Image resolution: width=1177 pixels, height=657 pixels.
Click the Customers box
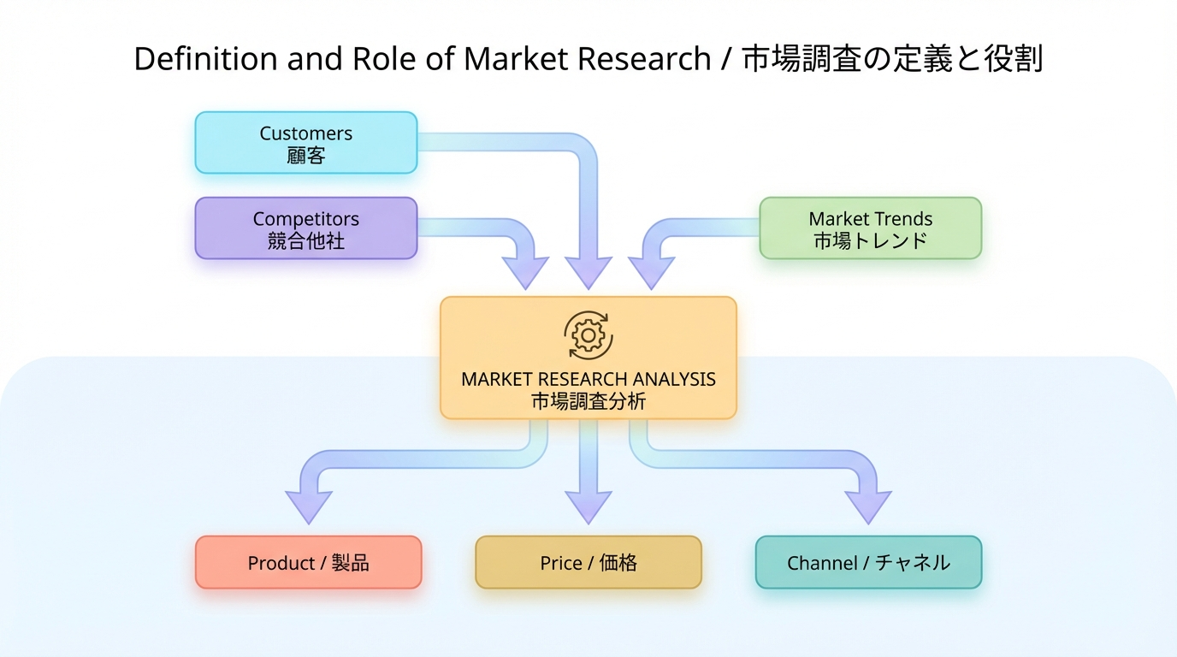[306, 143]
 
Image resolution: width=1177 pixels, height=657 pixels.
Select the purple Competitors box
[306, 228]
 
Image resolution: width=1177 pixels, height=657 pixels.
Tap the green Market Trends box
[870, 228]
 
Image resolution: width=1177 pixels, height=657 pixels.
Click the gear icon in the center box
[588, 335]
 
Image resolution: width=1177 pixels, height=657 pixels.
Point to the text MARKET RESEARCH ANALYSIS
[588, 379]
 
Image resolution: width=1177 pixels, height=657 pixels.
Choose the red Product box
[308, 563]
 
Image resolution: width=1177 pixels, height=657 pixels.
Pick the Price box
[588, 563]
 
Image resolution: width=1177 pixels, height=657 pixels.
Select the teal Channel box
[868, 563]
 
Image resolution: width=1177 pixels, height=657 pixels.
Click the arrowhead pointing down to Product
[308, 506]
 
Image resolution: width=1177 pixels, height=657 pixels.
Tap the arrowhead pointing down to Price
[588, 506]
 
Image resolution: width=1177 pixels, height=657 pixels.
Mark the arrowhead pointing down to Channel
[868, 506]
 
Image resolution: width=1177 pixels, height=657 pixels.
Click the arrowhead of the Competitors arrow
[524, 272]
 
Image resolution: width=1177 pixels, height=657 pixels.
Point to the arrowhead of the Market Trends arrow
[652, 272]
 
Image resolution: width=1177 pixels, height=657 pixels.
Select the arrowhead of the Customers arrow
[588, 272]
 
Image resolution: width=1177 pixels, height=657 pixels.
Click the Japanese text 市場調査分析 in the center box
[588, 401]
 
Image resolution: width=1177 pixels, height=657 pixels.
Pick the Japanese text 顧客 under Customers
[306, 155]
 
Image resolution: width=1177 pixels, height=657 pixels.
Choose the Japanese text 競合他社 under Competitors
[306, 241]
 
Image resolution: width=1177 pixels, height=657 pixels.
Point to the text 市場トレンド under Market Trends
[870, 241]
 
